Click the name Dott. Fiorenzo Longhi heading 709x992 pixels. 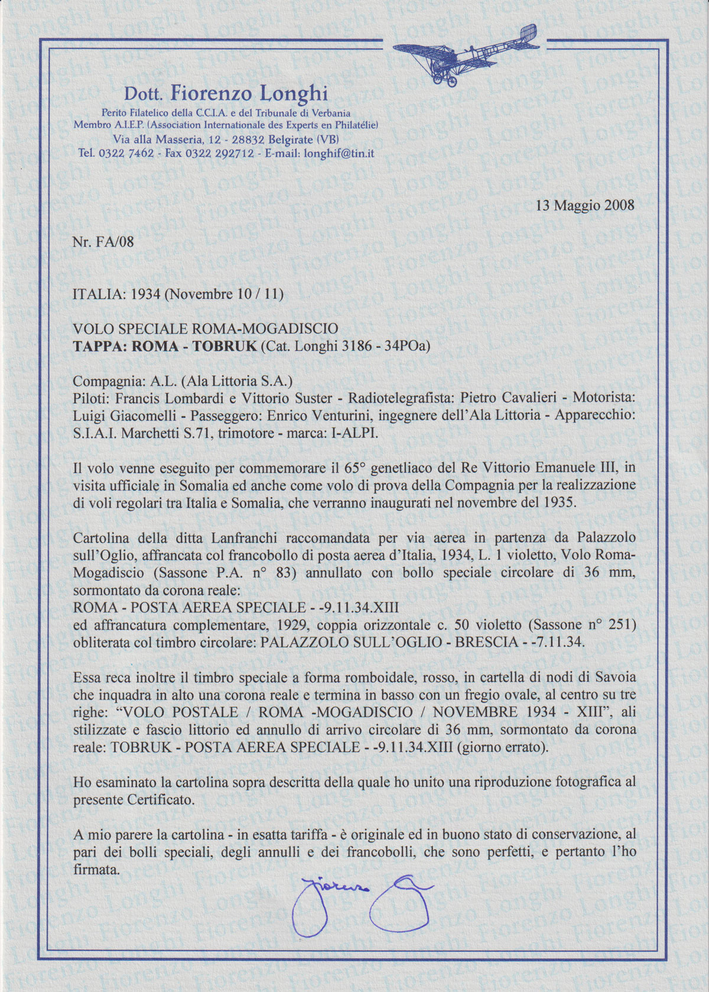point(226,93)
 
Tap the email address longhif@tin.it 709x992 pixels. point(339,153)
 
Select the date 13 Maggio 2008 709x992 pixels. point(585,205)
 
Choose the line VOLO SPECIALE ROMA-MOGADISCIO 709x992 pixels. point(205,329)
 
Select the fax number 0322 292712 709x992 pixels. point(219,153)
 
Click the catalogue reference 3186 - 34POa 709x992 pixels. point(383,346)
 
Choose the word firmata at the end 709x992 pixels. point(96,870)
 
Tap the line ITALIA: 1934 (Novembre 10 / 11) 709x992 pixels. point(178,294)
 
